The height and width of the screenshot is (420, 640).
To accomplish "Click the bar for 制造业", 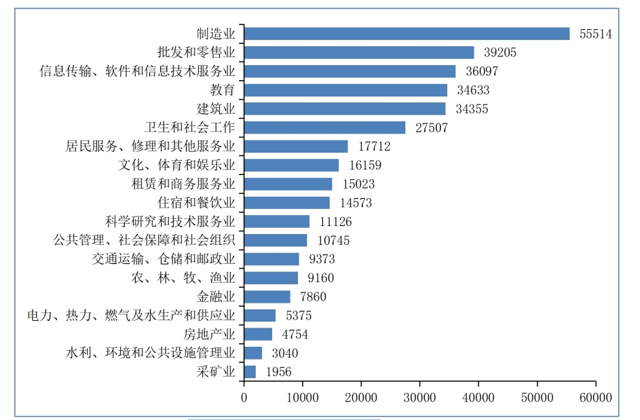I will click(x=407, y=34).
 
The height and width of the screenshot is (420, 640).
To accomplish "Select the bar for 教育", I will click(x=345, y=90).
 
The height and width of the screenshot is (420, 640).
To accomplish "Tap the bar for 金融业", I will click(x=267, y=297).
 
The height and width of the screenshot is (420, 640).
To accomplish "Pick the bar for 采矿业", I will click(x=250, y=371).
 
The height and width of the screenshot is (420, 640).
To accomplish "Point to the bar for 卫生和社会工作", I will click(x=325, y=128).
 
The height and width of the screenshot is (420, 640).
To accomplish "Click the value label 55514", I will click(x=596, y=34).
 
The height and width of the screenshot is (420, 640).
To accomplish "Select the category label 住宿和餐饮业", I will click(x=196, y=203).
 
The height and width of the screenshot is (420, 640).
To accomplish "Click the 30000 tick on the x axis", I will click(x=419, y=397).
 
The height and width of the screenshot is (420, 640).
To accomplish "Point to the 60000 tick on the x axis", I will click(x=596, y=397).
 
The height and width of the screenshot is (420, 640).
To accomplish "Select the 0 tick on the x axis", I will click(x=244, y=397).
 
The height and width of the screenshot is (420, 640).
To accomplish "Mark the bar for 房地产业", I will click(x=258, y=334).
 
